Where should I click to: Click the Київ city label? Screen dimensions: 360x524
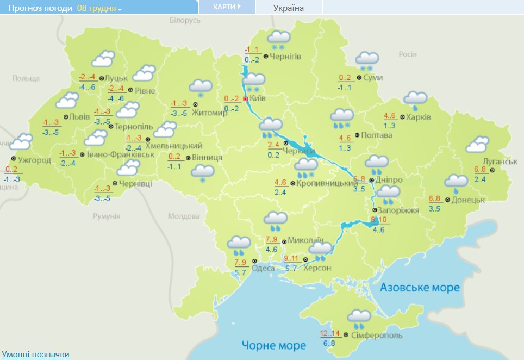(258, 99)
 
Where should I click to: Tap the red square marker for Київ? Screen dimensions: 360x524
(246, 99)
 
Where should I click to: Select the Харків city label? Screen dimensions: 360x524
(419, 117)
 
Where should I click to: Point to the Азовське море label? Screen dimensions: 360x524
(420, 287)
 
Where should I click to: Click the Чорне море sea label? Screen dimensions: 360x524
(274, 345)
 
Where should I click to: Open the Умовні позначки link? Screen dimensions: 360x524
(35, 355)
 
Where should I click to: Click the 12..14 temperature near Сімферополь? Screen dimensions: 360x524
(331, 333)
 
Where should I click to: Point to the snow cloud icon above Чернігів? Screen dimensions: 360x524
(279, 40)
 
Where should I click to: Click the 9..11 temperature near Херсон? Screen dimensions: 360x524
(292, 258)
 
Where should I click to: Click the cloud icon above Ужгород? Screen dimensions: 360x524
(22, 142)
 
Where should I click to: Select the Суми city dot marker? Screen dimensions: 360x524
(359, 78)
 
